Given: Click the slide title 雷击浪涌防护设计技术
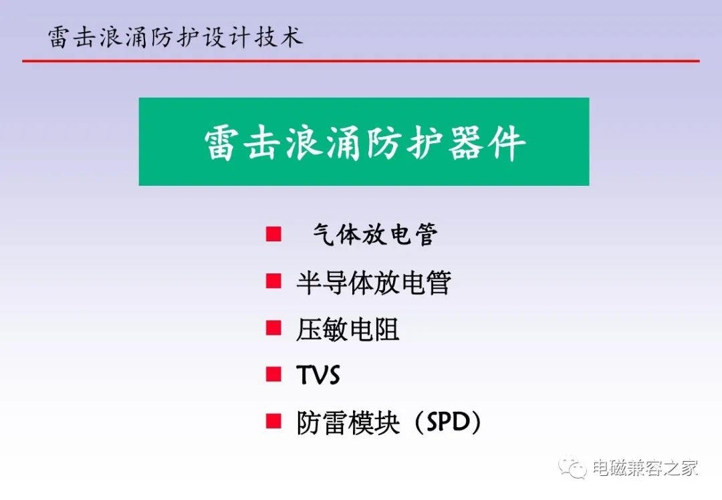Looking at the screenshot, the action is pyautogui.click(x=175, y=37).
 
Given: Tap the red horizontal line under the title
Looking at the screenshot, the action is pyautogui.click(x=361, y=60).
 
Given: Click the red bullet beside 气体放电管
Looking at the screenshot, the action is pyautogui.click(x=273, y=234).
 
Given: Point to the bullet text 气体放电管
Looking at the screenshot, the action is pyautogui.click(x=375, y=234).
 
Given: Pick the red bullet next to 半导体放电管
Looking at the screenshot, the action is pyautogui.click(x=273, y=281).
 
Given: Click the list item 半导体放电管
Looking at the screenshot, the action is pyautogui.click(x=374, y=282).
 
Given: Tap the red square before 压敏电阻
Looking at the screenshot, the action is pyautogui.click(x=273, y=328).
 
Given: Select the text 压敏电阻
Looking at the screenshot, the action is pyautogui.click(x=348, y=330).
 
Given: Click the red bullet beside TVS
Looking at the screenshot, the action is pyautogui.click(x=273, y=374).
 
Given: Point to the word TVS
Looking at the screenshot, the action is pyautogui.click(x=318, y=375).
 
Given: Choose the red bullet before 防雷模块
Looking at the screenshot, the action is pyautogui.click(x=273, y=421).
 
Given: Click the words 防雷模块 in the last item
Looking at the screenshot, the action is pyautogui.click(x=348, y=422).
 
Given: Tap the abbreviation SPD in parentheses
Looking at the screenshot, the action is pyautogui.click(x=448, y=422).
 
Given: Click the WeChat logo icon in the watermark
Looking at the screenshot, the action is pyautogui.click(x=572, y=468).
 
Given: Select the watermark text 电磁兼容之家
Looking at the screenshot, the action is pyautogui.click(x=645, y=468).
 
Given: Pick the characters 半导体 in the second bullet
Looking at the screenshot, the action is pyautogui.click(x=335, y=282).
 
